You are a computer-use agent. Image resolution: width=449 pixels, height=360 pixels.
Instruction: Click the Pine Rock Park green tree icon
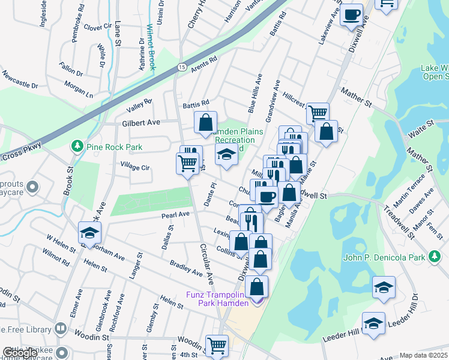76,146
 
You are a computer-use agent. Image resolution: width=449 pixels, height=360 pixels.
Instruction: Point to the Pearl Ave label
175,214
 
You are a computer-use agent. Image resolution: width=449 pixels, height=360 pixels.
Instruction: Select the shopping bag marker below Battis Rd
205,122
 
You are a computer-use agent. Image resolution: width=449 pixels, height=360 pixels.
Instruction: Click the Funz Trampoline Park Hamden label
223,298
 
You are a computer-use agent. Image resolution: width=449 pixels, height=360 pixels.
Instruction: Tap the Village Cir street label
134,167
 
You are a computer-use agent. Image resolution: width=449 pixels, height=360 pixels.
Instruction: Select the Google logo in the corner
19,353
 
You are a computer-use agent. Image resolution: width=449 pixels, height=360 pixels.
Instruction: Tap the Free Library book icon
61,328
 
